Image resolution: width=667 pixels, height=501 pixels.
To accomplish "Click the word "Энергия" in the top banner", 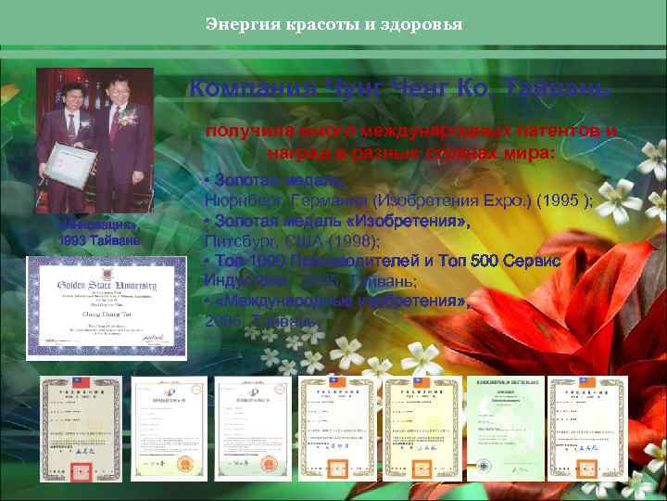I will (235, 23).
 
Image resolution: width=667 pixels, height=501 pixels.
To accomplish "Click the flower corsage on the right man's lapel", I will (128, 118).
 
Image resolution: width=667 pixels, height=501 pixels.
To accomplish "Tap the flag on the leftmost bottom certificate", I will (74, 382).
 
